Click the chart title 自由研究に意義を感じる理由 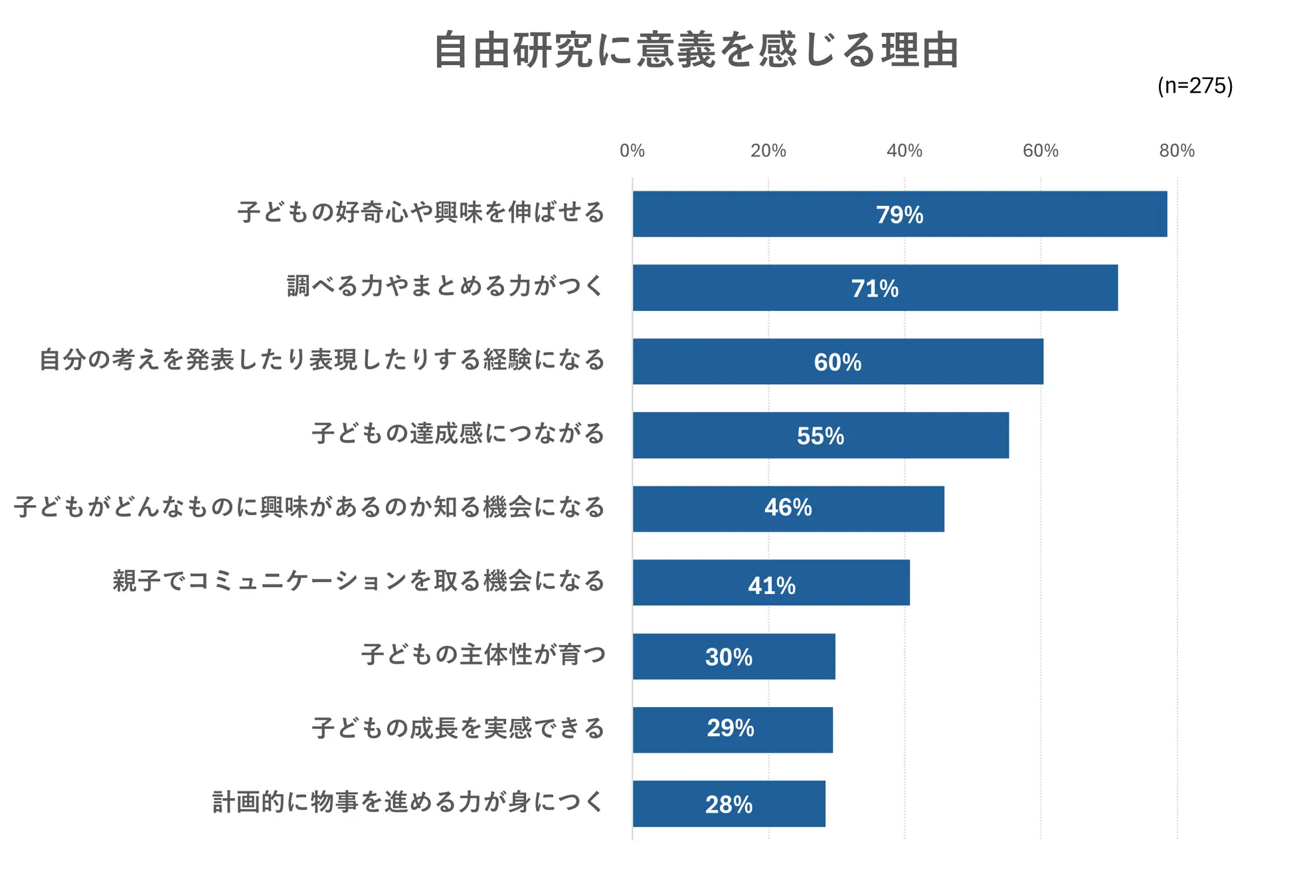695,50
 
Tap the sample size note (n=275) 1195,86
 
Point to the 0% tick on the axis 632,151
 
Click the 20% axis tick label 768,151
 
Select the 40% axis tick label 904,151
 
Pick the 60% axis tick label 1040,151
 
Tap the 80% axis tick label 1176,151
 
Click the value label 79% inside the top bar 899,215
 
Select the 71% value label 875,288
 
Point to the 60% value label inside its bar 837,362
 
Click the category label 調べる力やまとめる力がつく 445,286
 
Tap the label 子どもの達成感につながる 458,433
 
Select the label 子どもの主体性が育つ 483,654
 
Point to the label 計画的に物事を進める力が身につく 408,802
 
